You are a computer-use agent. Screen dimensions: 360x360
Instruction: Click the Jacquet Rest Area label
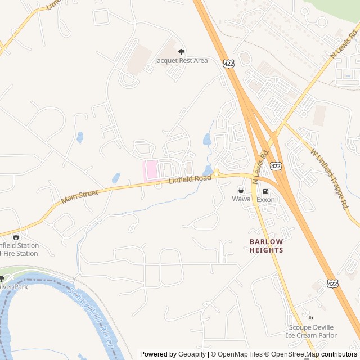[x=181, y=60]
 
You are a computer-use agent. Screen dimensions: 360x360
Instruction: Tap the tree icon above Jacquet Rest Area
[x=181, y=52]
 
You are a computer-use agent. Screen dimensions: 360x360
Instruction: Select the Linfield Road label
[x=190, y=180]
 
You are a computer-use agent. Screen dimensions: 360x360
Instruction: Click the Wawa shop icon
[x=241, y=191]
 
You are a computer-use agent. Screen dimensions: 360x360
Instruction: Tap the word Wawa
[x=241, y=199]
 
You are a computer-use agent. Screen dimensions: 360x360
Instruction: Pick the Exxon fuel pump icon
[x=266, y=191]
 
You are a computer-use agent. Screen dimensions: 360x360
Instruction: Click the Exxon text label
[x=266, y=200]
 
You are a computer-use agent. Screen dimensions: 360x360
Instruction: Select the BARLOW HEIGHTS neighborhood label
[x=266, y=246]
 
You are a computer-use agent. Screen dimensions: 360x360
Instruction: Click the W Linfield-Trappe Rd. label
[x=327, y=178]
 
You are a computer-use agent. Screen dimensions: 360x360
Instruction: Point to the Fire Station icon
[x=15, y=237]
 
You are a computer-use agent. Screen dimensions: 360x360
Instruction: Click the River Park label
[x=13, y=286]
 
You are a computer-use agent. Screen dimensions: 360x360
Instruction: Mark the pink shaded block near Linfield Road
[x=150, y=170]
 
